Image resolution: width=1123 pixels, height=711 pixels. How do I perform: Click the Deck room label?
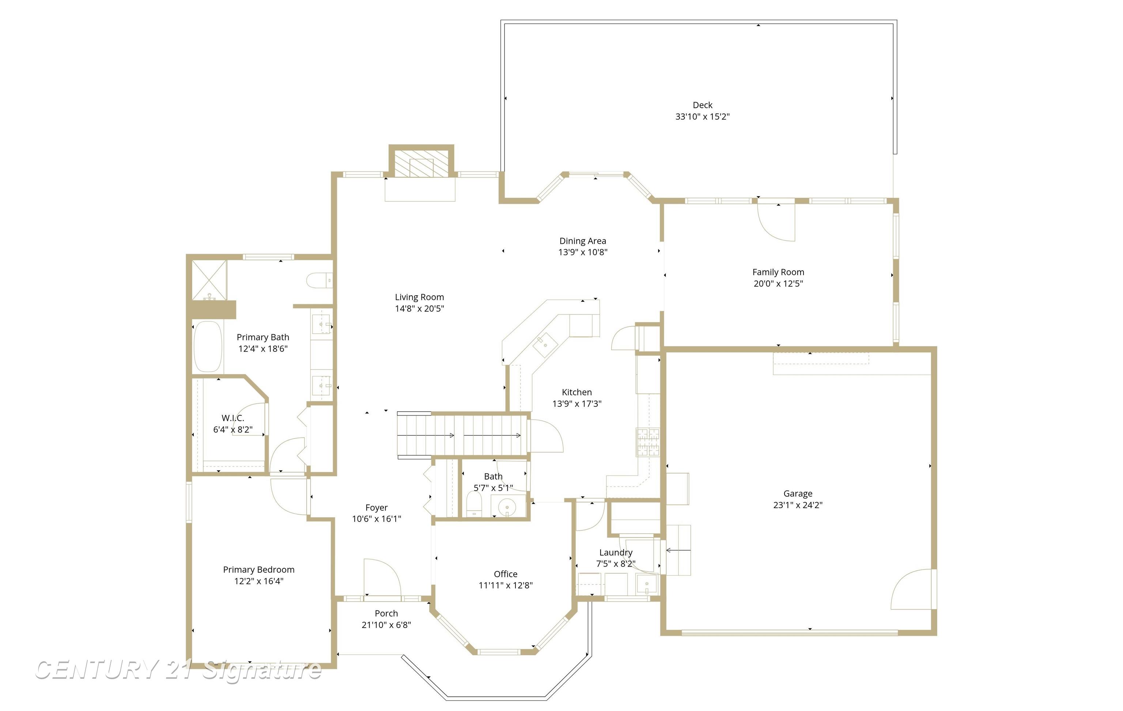[x=702, y=105]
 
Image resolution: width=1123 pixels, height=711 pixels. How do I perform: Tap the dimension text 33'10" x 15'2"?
[x=702, y=117]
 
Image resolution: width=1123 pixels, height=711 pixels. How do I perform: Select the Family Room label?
[x=778, y=272]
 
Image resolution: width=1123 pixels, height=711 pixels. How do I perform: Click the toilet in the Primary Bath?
[x=318, y=280]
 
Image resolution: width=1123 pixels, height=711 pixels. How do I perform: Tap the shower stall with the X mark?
[x=209, y=280]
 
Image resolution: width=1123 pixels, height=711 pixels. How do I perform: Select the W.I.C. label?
[x=233, y=418]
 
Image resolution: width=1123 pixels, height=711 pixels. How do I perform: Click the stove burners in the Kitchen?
[x=648, y=442]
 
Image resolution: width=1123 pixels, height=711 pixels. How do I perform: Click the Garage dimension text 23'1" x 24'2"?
[x=798, y=505]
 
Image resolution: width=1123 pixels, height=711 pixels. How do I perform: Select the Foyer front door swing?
[x=382, y=577]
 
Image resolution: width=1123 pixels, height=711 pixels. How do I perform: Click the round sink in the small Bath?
[x=506, y=506]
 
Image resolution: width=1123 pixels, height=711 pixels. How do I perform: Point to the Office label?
[x=506, y=574]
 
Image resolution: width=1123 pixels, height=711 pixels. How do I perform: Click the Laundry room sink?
[x=647, y=584]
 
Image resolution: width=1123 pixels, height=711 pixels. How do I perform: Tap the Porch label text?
[x=386, y=613]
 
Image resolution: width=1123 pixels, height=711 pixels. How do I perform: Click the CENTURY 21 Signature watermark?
[x=178, y=670]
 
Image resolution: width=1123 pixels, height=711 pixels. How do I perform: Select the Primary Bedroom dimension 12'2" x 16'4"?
[x=259, y=581]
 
